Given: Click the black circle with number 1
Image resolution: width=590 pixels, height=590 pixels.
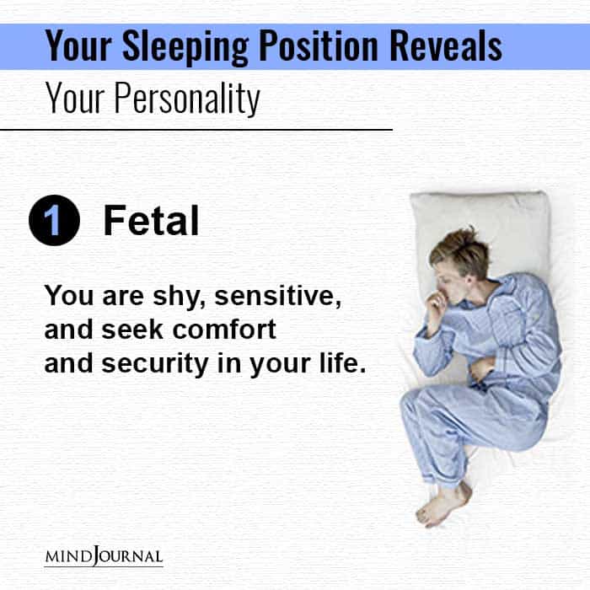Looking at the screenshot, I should click(x=54, y=222).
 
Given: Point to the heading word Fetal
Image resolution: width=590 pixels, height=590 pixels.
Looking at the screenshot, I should click(x=151, y=222).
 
